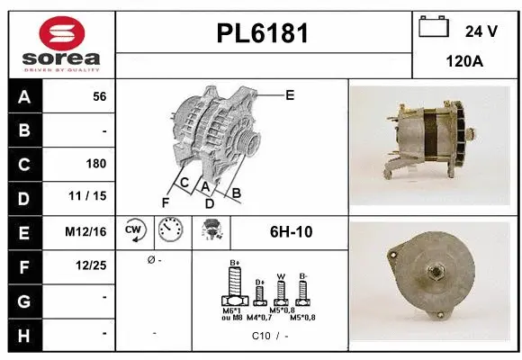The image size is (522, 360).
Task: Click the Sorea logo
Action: click(x=61, y=45)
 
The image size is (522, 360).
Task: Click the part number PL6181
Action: click(x=263, y=34)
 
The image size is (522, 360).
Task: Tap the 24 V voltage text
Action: click(x=481, y=31)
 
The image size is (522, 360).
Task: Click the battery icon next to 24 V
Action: click(x=434, y=29)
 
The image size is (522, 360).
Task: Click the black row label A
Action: click(x=24, y=97)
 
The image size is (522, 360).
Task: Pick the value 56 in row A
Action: click(x=99, y=97)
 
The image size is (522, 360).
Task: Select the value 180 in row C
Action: click(x=96, y=164)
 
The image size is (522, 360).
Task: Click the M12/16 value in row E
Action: click(x=87, y=231)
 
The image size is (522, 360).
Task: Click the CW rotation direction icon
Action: click(x=134, y=231)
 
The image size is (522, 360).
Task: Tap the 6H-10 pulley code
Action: click(x=291, y=231)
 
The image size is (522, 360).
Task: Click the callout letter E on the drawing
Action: click(x=290, y=94)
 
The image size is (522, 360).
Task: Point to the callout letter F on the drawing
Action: click(x=165, y=202)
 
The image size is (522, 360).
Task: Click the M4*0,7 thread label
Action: click(x=261, y=317)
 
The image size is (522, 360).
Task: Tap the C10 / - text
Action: click(x=269, y=337)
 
